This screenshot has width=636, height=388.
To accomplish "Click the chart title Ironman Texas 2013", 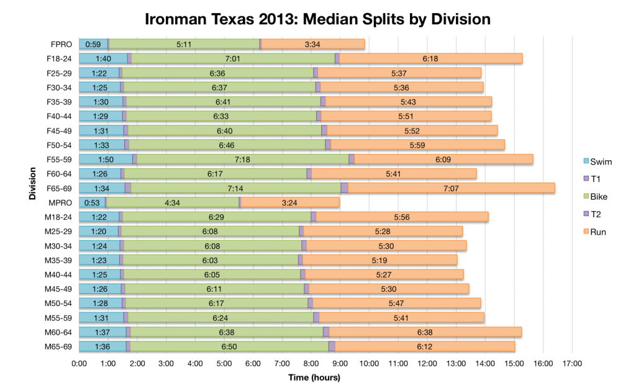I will click(317, 19).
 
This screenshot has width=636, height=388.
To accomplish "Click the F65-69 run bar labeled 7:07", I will click(451, 187).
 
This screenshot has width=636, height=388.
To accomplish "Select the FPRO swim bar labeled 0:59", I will click(93, 44).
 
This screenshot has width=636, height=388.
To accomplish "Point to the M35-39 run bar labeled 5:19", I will click(379, 259).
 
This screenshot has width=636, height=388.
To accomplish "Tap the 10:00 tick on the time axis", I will click(369, 364).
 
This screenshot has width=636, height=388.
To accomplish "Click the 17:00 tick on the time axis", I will click(572, 364).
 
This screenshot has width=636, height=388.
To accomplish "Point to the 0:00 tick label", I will click(79, 364).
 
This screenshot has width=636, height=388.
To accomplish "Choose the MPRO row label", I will click(61, 202).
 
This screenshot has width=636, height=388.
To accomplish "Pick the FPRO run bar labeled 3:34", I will click(313, 44).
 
